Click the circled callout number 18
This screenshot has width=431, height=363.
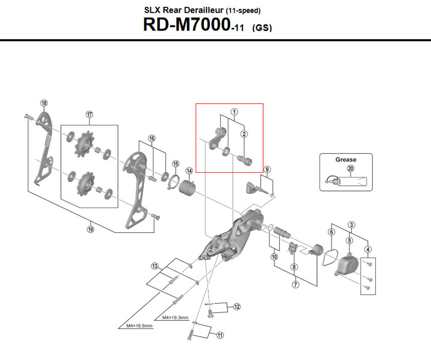(44, 103)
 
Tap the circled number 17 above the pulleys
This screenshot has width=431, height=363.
(89, 114)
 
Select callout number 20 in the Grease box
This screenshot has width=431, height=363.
(351, 169)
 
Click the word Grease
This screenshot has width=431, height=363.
(345, 160)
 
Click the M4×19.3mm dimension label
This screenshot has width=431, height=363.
(175, 317)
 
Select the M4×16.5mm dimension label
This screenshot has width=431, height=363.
(139, 326)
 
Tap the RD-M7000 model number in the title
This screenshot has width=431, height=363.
(187, 25)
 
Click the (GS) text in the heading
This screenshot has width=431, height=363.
(262, 28)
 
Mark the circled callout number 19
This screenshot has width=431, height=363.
(90, 229)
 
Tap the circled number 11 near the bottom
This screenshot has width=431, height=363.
(220, 335)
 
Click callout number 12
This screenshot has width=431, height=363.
(237, 307)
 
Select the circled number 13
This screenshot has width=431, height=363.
(155, 266)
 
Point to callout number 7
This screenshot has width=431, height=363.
(295, 284)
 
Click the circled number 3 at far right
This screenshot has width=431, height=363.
(352, 225)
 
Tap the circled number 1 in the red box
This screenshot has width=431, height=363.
(234, 112)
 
